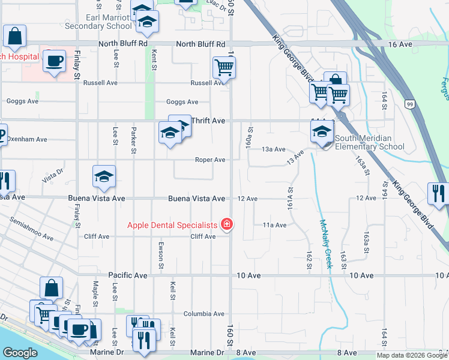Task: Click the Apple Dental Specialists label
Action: coord(172,226)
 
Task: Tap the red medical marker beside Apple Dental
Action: coord(227,225)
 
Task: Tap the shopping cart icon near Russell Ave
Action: coord(224,68)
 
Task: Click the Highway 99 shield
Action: coord(409,104)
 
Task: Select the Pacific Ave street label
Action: coord(128,275)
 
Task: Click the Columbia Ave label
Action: coord(203,314)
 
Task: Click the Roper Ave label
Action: coord(209,160)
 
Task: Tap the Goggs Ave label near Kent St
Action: coord(182,103)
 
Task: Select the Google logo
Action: coord(20,353)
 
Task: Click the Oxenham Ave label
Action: coord(26,139)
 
